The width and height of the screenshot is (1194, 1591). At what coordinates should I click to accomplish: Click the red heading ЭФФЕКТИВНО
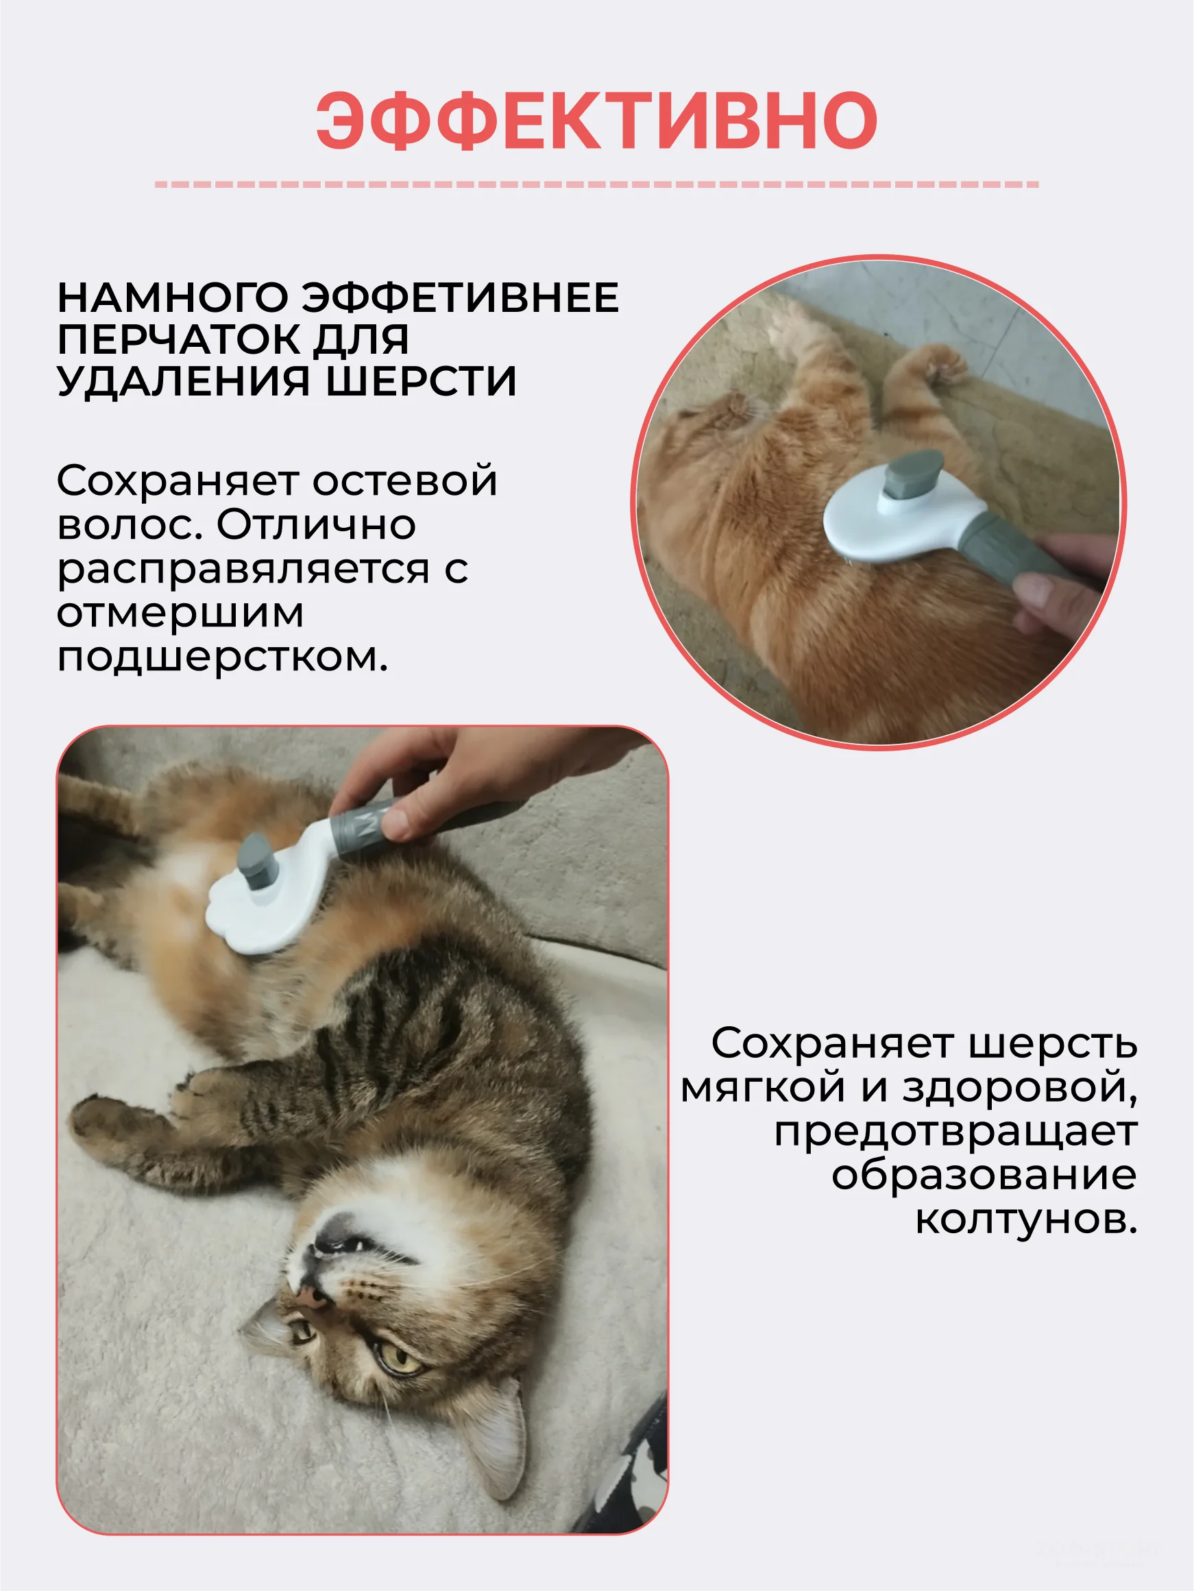(596, 120)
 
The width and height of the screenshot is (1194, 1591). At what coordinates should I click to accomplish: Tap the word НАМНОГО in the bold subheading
(173, 297)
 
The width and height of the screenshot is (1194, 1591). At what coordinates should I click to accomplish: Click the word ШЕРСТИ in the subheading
(422, 380)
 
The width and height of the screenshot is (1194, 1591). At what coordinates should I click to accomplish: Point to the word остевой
(405, 481)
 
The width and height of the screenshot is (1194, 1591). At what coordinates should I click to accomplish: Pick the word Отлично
(317, 524)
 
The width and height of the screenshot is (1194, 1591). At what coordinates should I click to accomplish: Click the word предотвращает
(956, 1132)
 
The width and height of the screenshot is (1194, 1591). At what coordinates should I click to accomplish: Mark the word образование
(985, 1176)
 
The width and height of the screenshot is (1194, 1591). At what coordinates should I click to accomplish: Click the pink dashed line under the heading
(597, 185)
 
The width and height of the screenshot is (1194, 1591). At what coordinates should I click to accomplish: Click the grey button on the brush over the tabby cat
(256, 862)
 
